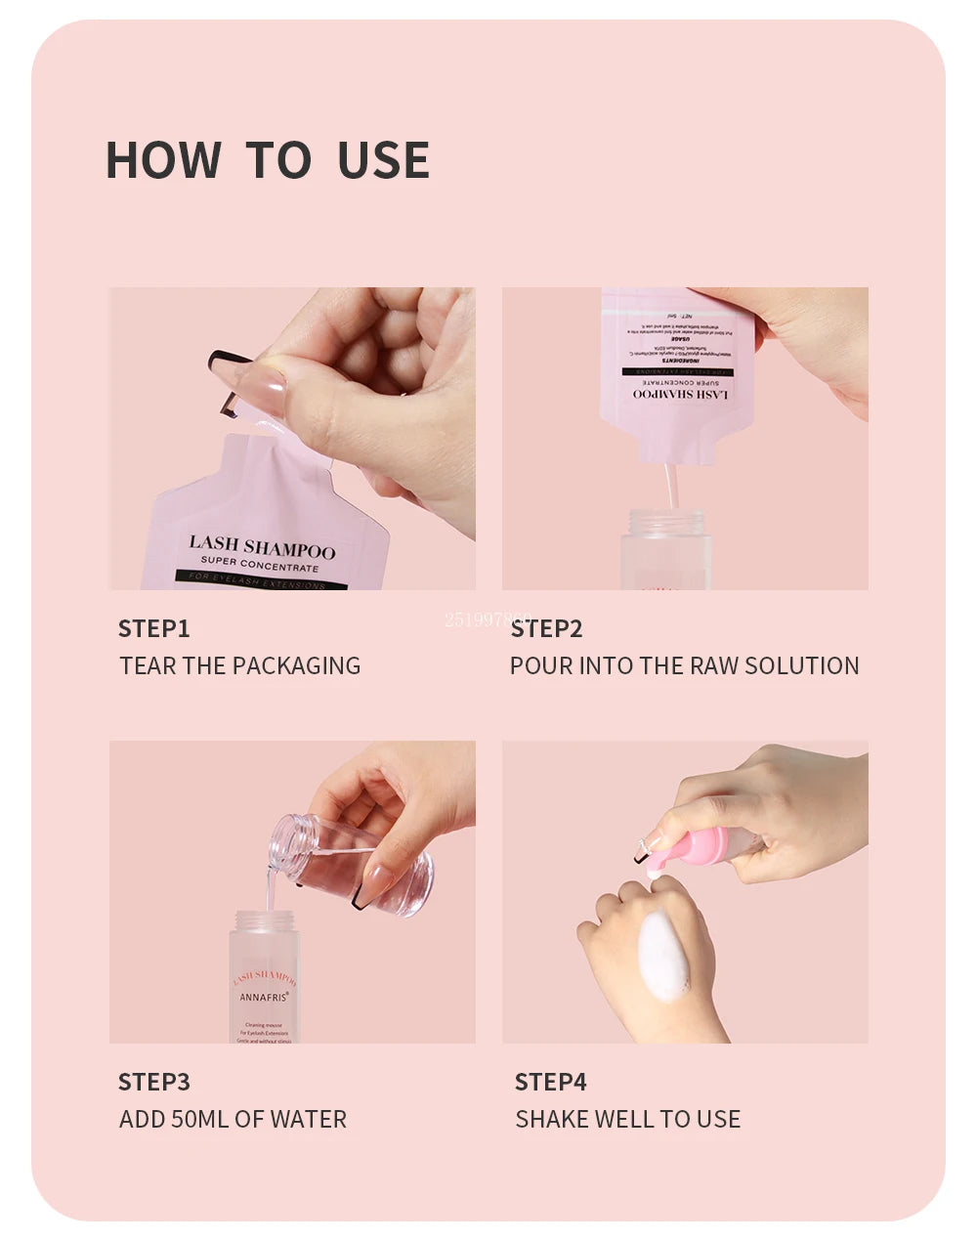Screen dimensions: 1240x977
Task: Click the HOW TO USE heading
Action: tap(267, 160)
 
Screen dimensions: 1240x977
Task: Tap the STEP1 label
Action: tap(153, 628)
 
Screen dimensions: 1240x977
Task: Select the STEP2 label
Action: tap(546, 628)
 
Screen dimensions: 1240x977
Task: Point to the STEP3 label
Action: tap(153, 1082)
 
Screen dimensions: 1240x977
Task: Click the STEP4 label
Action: tap(550, 1082)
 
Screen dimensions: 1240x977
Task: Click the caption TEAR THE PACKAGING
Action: tap(239, 665)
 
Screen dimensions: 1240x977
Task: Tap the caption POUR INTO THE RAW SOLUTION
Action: tap(684, 665)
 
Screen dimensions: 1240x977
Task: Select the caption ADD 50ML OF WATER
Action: tap(233, 1119)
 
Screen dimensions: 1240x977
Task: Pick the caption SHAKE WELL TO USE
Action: tap(627, 1119)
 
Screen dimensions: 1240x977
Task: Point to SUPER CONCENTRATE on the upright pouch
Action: tap(259, 566)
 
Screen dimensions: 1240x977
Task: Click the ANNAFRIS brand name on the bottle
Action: tap(264, 997)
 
